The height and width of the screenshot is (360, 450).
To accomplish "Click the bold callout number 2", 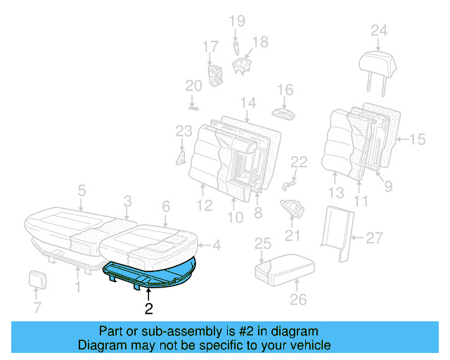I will pos(148,307).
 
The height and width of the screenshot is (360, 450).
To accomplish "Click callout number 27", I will pos(374,239).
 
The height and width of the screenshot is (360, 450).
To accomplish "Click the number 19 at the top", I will pos(236,20).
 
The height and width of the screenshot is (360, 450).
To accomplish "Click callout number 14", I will pos(247,103).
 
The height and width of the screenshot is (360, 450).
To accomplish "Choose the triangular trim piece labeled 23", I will pos(181,155).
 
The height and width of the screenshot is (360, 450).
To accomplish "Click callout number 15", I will pos(418,140).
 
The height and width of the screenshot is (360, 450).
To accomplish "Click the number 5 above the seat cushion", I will pos(82,190).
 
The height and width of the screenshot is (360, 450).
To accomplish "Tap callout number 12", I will pos(203,207).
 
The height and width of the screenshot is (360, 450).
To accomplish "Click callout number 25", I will pos(262,244).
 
